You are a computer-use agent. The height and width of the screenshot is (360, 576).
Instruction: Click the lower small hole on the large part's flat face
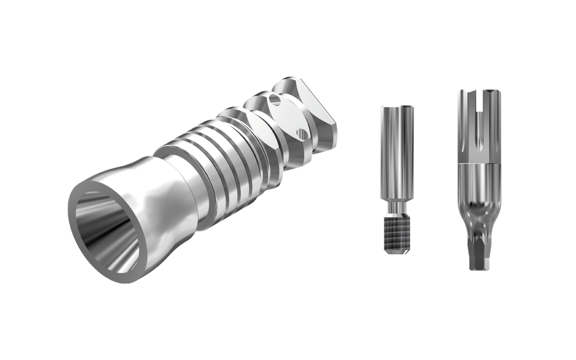pyautogui.click(x=302, y=133)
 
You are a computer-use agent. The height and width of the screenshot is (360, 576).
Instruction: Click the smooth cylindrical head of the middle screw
pyautogui.click(x=397, y=152)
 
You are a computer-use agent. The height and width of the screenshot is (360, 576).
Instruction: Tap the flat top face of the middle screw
pyautogui.click(x=397, y=107)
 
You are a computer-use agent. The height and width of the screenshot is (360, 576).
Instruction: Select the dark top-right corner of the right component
pyautogui.click(x=494, y=91)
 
